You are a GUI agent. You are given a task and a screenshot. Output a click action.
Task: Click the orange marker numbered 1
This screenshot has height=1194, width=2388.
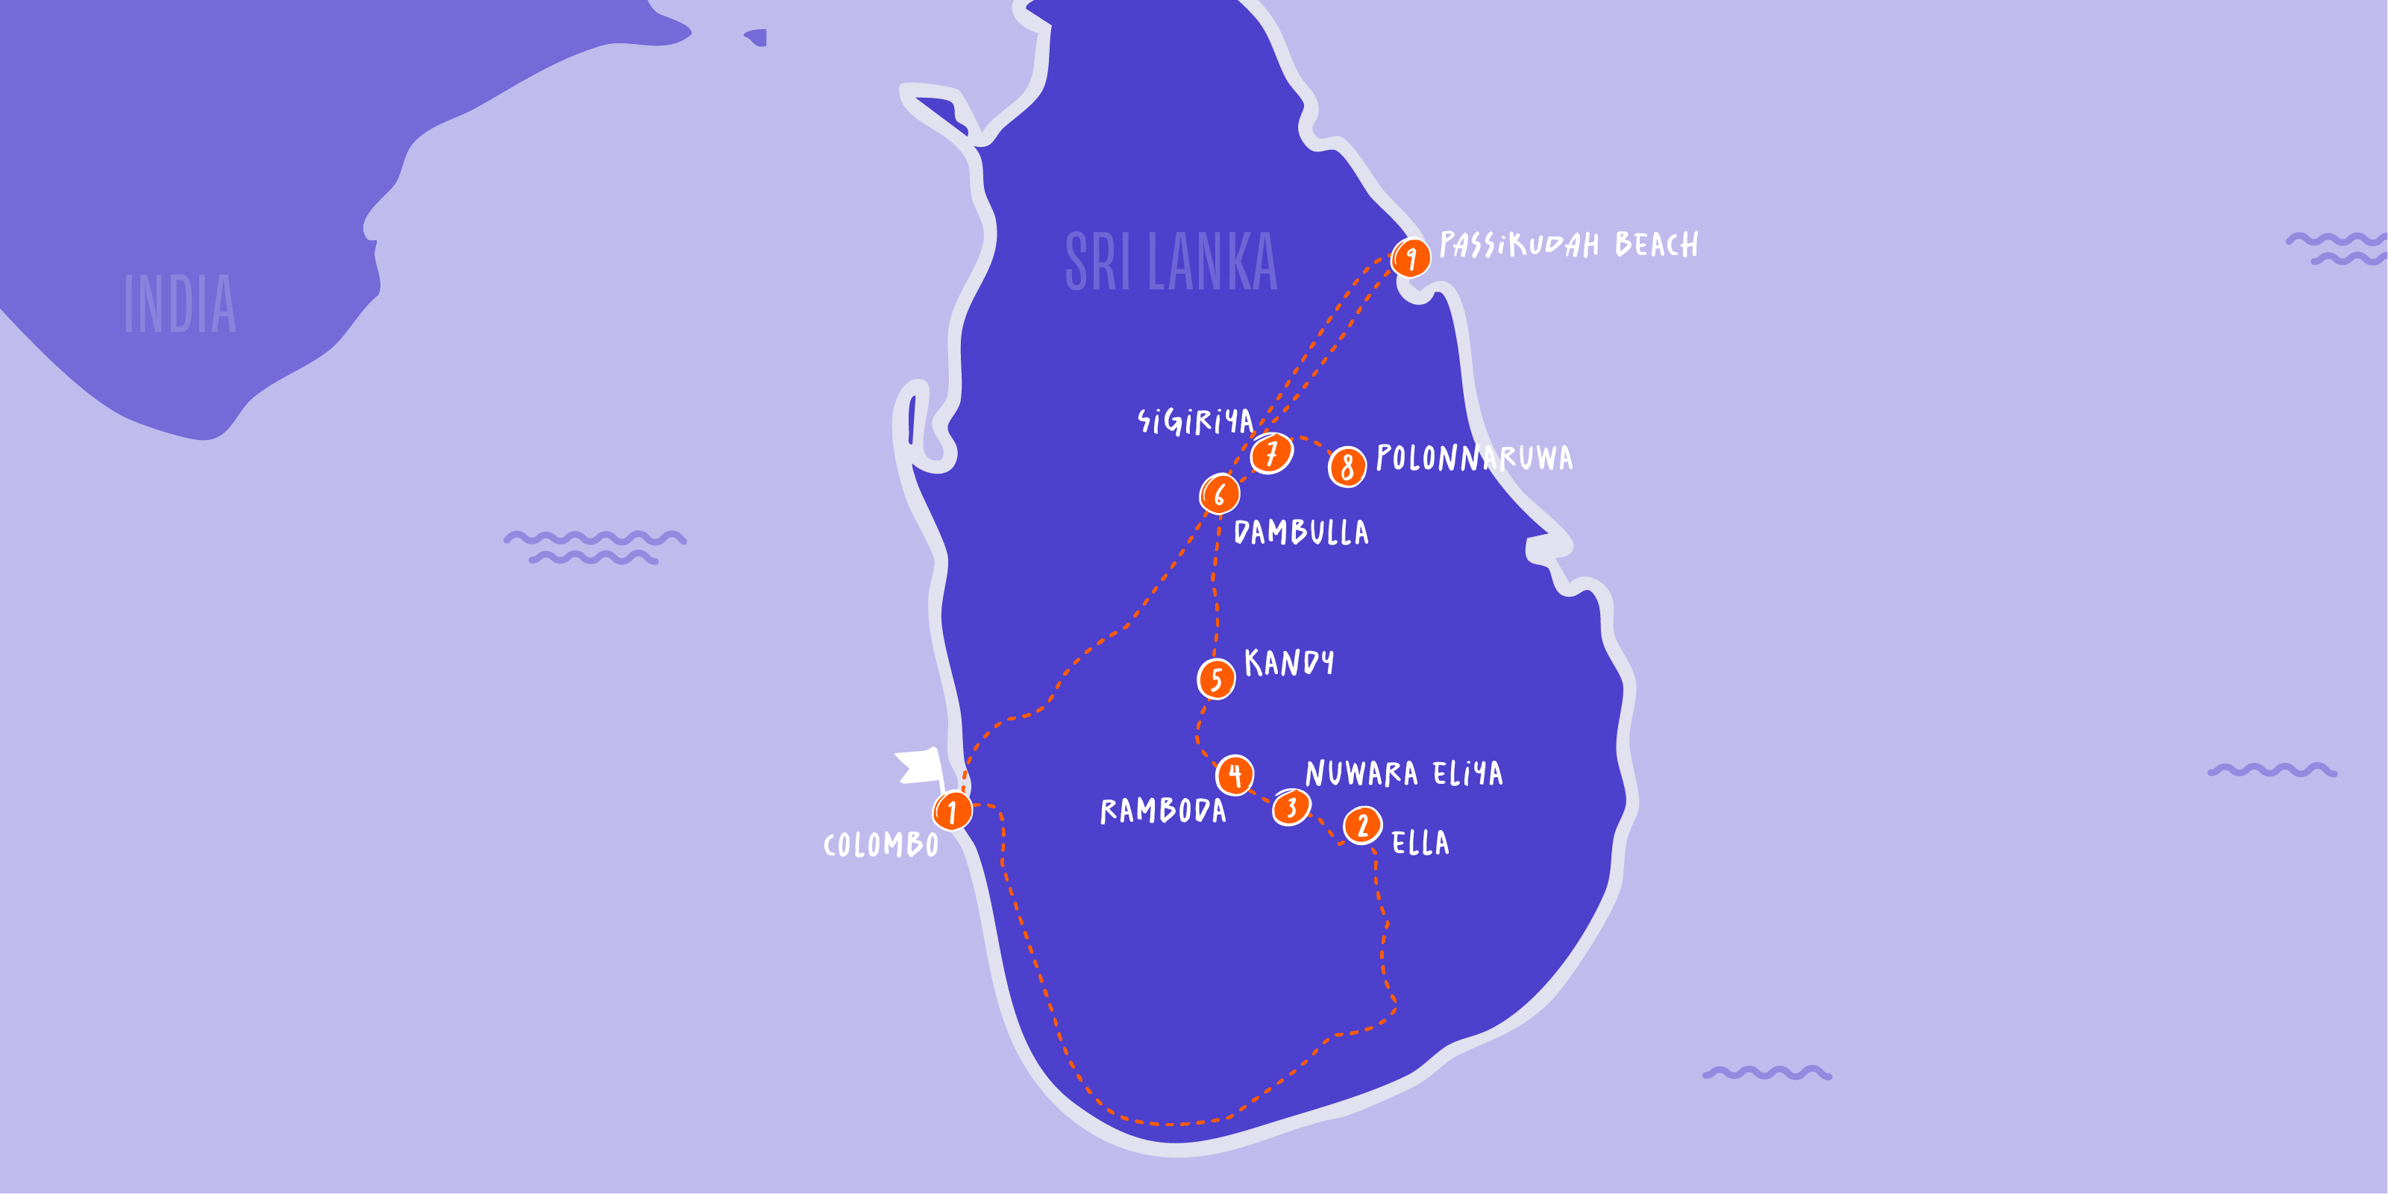952,811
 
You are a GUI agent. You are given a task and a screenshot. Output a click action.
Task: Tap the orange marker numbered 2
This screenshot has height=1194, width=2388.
1361,825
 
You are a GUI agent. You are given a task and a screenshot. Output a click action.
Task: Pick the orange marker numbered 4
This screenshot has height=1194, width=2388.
1235,775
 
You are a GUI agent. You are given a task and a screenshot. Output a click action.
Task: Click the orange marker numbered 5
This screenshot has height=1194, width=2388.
1216,679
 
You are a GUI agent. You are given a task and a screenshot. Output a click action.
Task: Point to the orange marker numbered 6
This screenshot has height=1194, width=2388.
1220,494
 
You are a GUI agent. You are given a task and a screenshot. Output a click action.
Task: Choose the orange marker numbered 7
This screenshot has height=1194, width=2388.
1272,453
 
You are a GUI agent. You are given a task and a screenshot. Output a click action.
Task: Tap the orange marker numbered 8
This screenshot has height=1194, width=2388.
1347,467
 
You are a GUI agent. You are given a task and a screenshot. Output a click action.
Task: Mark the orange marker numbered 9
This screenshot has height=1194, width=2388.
1411,258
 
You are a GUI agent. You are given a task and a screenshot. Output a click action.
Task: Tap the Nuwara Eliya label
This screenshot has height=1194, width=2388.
1403,773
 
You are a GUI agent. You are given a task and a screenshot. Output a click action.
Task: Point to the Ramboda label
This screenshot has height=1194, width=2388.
1162,811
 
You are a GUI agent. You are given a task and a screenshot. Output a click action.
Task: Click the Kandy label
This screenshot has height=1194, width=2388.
1288,663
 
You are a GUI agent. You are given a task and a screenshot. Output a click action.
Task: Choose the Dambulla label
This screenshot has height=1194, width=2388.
1300,532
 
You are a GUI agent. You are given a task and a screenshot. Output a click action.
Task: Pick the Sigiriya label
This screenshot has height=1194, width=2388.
1196,422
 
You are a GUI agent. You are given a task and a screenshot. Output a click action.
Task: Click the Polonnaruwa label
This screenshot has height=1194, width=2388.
1474,458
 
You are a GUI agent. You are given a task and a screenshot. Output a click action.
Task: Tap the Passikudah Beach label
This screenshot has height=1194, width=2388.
1569,245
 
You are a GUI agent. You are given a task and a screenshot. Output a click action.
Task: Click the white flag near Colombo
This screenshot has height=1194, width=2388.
920,767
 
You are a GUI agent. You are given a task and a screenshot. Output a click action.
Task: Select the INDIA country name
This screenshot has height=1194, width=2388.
181,304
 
